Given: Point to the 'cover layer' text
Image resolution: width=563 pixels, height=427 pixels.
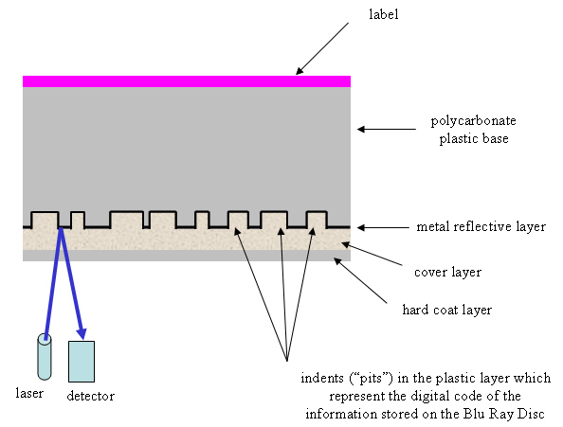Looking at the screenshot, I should tap(449, 272).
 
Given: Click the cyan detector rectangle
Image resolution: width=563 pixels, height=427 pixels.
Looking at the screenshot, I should tap(82, 361).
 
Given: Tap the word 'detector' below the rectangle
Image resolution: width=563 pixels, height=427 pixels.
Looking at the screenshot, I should tap(91, 396).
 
